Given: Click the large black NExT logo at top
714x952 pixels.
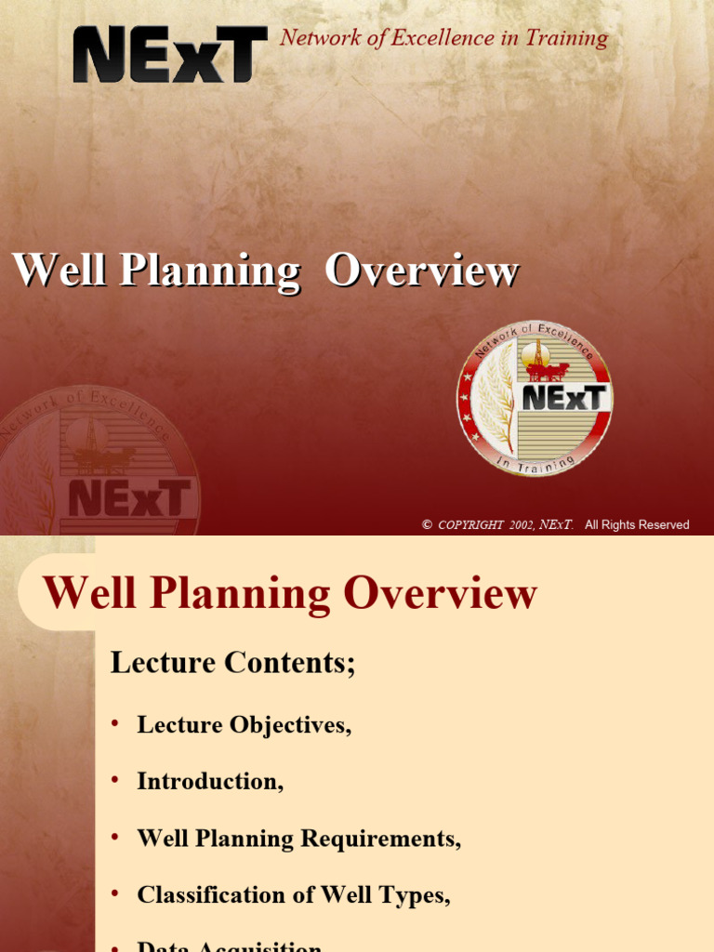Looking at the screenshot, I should click(x=170, y=54).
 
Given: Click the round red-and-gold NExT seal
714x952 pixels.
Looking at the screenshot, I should click(x=535, y=399).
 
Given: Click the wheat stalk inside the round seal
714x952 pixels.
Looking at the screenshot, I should click(x=497, y=400).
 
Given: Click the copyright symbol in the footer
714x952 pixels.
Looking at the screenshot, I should click(x=427, y=525).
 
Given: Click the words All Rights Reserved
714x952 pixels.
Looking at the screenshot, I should click(x=637, y=525).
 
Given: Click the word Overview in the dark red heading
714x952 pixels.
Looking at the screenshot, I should click(x=440, y=594).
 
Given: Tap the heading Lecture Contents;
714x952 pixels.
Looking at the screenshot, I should click(x=233, y=663).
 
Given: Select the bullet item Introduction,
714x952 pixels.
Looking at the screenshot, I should click(x=210, y=781).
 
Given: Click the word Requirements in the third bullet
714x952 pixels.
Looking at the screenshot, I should click(x=390, y=839).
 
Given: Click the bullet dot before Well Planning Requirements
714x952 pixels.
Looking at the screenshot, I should click(x=115, y=838).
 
